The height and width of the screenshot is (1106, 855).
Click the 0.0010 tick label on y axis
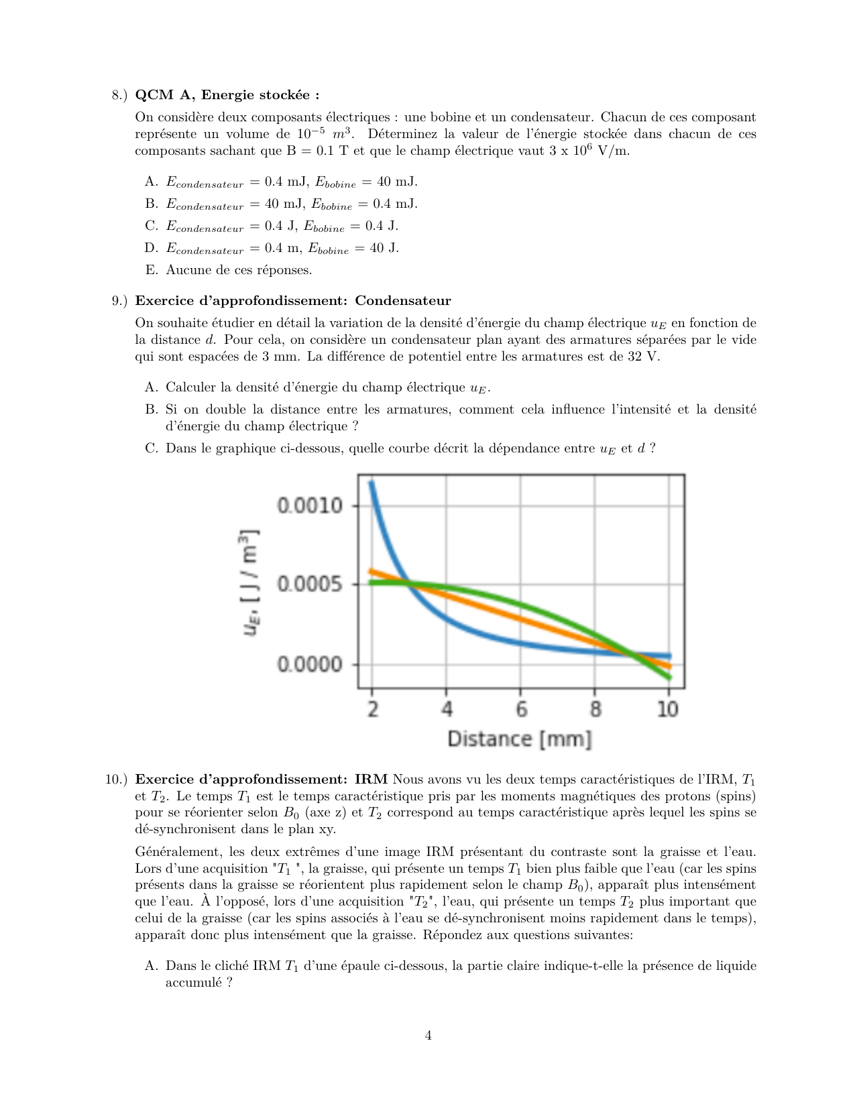310,505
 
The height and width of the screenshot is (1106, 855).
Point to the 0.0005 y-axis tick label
310,585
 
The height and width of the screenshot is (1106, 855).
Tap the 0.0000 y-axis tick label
310,664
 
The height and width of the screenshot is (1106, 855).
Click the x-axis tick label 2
373,709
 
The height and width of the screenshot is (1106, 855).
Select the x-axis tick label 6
521,709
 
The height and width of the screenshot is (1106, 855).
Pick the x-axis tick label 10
667,709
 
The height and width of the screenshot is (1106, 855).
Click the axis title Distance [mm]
520,739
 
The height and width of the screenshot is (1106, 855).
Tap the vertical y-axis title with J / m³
250,583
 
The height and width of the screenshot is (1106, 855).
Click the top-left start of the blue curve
372,483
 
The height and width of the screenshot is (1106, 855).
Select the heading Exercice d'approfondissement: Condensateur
293,301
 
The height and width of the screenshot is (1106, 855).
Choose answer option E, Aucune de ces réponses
238,270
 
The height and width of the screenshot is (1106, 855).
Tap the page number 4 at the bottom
428,1036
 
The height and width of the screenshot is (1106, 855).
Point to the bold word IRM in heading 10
371,780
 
